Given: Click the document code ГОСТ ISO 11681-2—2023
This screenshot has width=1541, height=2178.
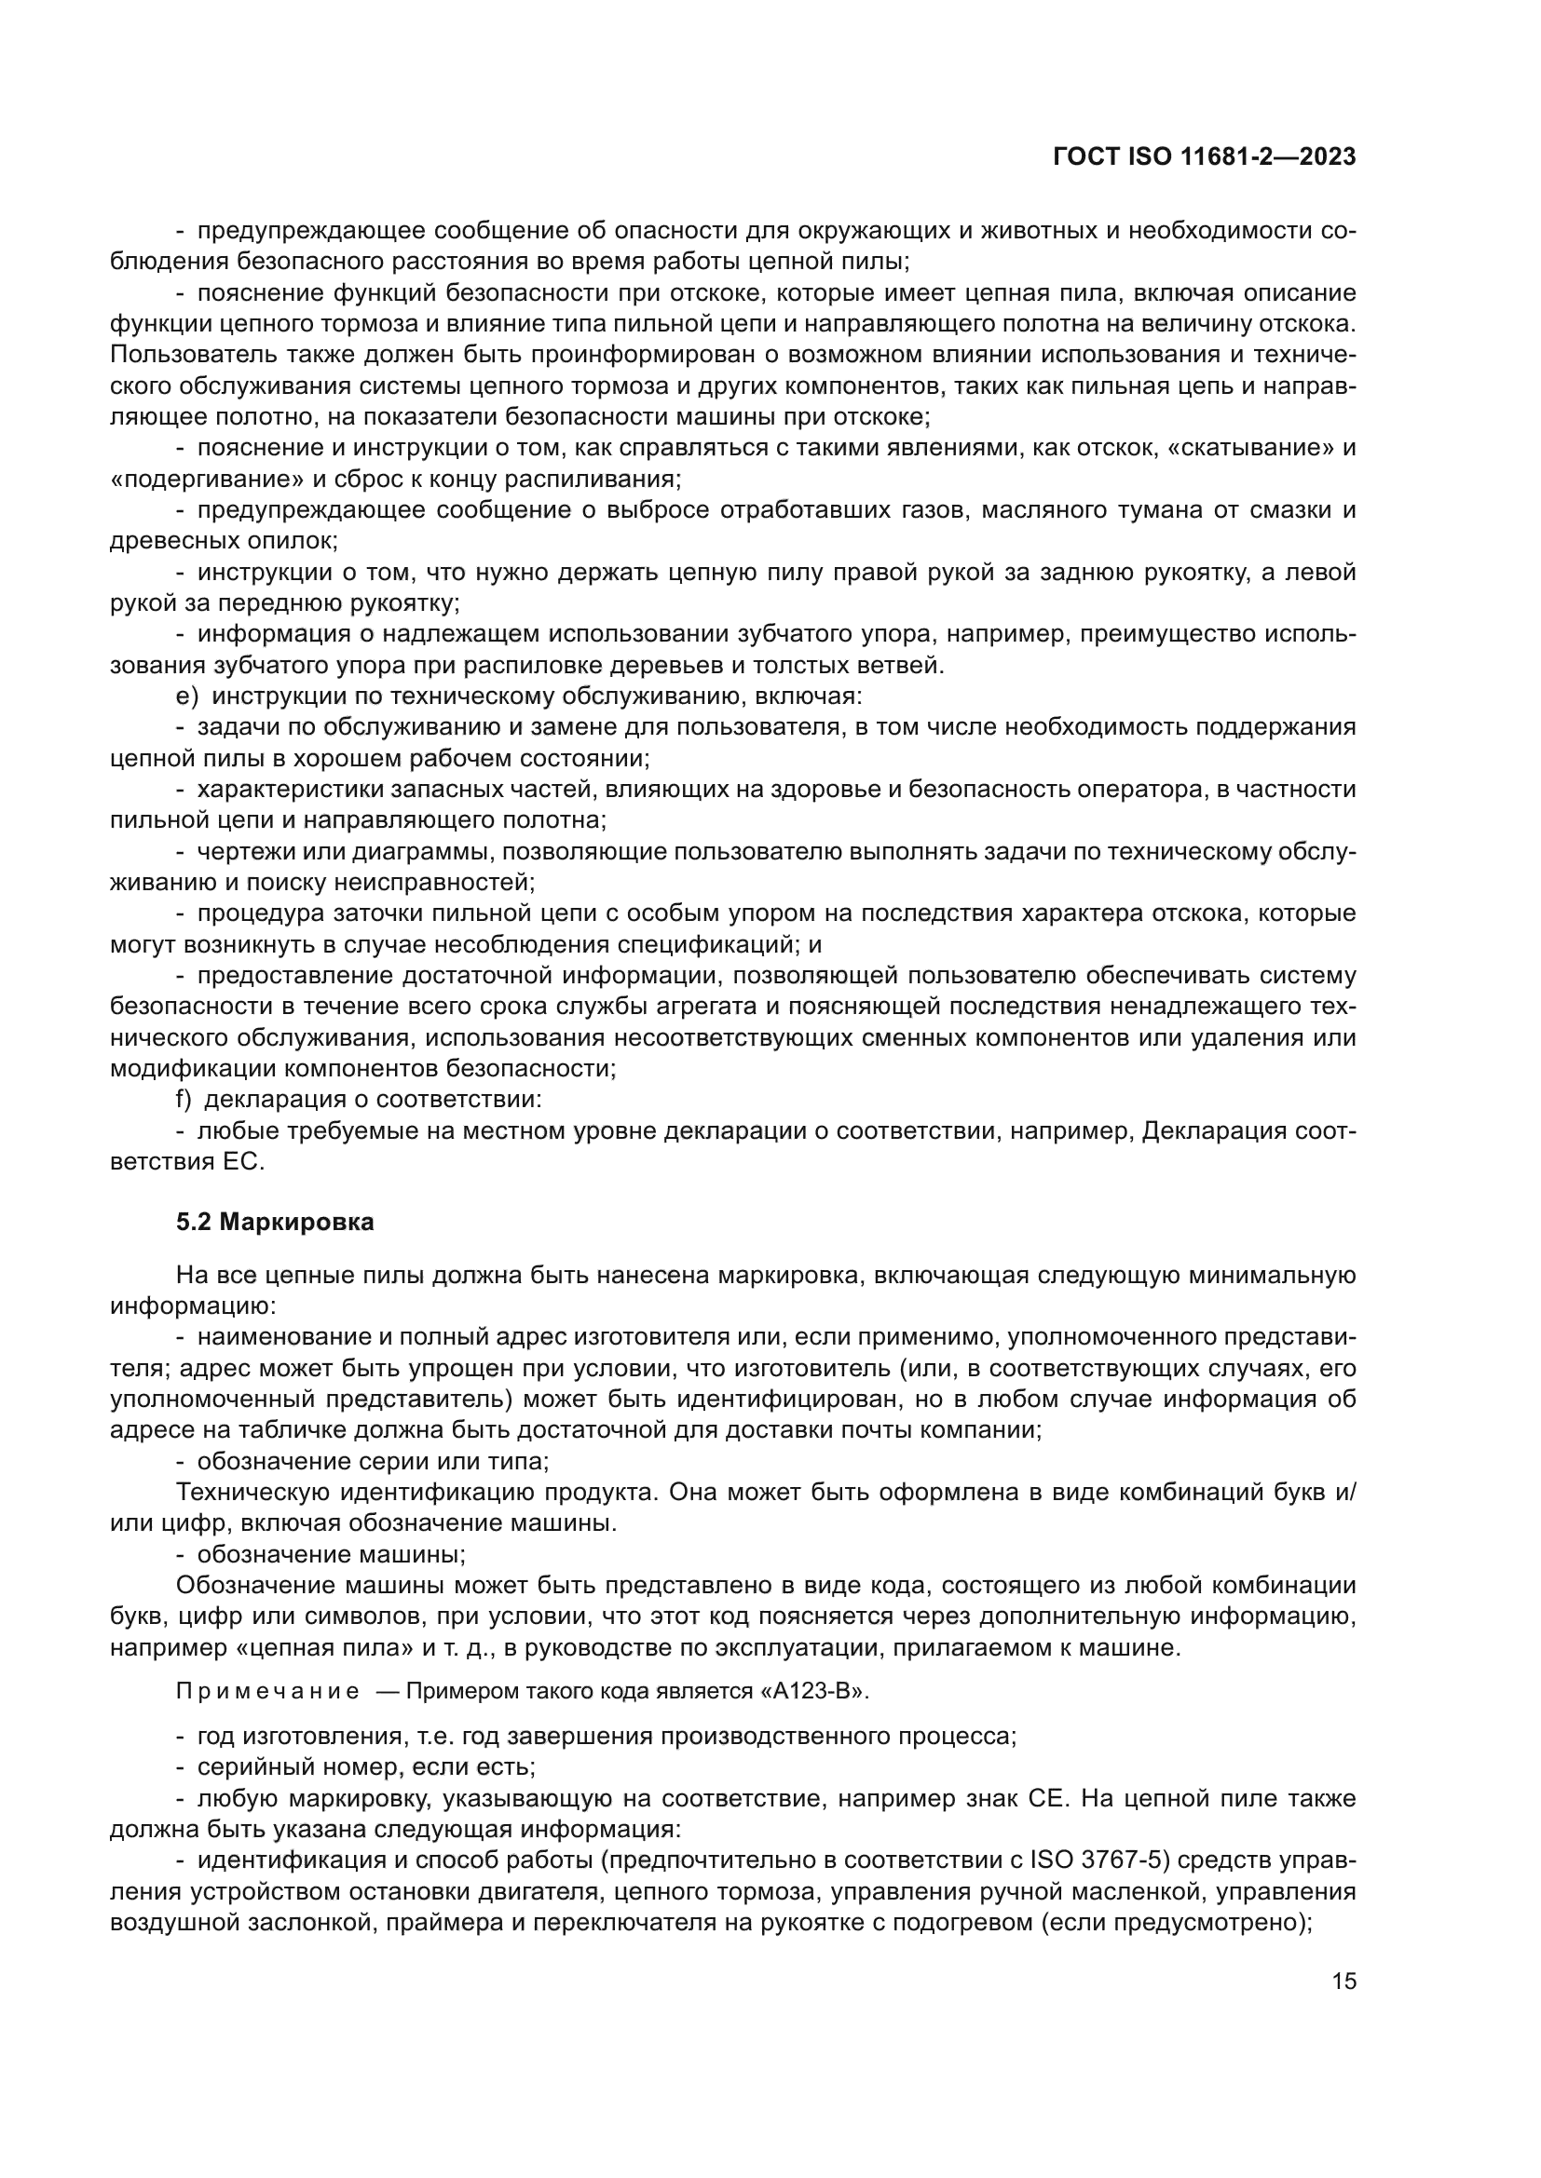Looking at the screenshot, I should click(x=1203, y=157).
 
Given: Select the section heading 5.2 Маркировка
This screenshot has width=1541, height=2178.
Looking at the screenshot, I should click(x=275, y=1222).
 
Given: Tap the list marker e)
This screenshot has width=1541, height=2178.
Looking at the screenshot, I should click(x=187, y=697).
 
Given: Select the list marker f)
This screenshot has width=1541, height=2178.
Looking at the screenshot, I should click(x=184, y=1100).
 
